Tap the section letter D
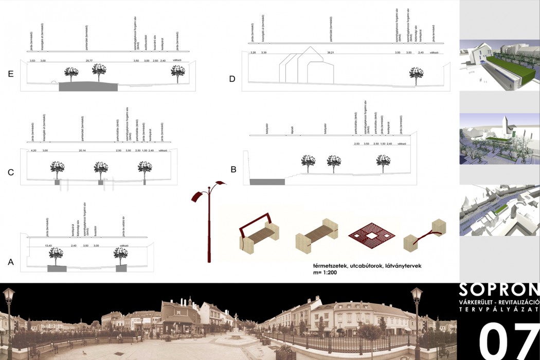(232, 79)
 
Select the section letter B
(233, 168)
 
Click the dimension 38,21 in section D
(331, 52)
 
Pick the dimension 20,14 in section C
(82, 151)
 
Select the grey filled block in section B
(267, 182)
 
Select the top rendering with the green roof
(499, 65)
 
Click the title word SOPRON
(498, 290)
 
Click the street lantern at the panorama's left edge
(8, 301)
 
